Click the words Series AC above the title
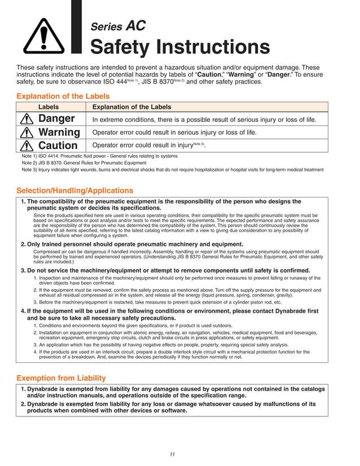118,26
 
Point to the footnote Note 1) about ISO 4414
99,156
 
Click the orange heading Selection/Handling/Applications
75,191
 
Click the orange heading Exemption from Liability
61,377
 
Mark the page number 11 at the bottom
173,454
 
